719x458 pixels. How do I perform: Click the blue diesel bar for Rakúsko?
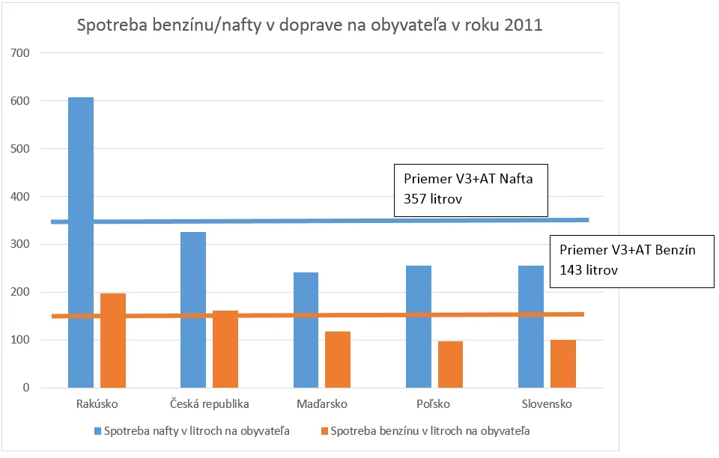pos(81,242)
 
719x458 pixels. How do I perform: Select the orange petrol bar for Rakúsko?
pos(113,341)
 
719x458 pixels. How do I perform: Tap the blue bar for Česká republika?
pos(193,310)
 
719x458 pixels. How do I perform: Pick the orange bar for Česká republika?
pos(225,349)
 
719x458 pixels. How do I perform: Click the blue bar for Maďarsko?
pos(306,330)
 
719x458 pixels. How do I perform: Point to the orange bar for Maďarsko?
pos(338,359)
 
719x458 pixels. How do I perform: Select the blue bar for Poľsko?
pos(419,326)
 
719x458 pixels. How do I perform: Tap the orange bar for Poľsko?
pos(450,364)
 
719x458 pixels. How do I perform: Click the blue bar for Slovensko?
pos(531,326)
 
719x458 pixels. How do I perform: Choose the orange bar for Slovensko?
pos(563,364)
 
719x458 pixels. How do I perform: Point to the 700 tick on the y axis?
pos(19,53)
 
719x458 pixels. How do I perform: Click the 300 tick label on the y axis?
pos(19,244)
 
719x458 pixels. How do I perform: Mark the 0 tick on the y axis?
pos(26,388)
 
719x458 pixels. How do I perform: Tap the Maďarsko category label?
pos(322,404)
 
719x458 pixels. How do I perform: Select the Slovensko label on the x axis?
pos(547,404)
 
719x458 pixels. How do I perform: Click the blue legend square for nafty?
pos(97,431)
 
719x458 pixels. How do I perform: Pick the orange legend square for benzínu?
pos(324,431)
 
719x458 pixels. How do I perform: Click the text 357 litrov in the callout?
pos(433,199)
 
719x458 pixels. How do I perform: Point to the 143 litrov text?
pos(589,269)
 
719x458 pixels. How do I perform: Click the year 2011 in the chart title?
pos(524,25)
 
